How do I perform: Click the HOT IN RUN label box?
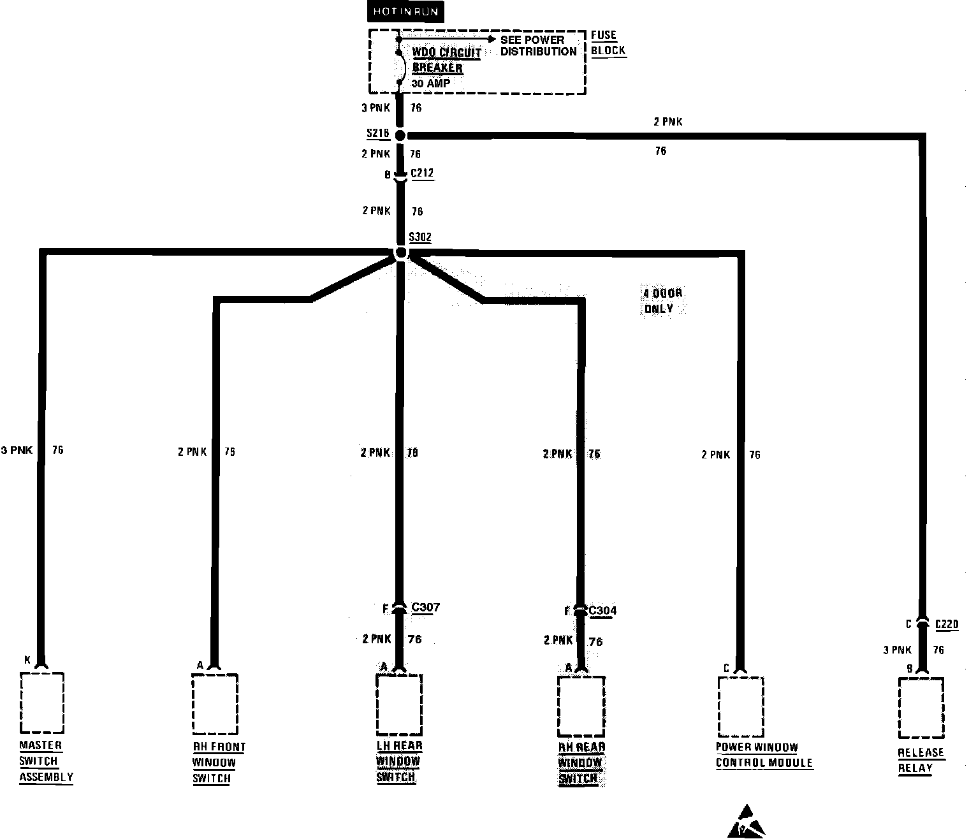(406, 12)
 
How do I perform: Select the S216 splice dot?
(400, 135)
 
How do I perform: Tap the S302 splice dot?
(400, 253)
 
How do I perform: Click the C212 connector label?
(422, 173)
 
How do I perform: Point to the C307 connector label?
(425, 608)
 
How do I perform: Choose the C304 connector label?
(602, 611)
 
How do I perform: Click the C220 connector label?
(947, 624)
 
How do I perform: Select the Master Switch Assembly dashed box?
(42, 703)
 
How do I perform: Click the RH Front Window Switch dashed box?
(215, 704)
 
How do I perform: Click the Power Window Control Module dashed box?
(740, 706)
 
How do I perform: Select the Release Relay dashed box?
(921, 707)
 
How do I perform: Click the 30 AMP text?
(430, 84)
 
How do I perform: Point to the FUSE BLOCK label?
(608, 43)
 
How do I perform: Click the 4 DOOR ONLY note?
(662, 301)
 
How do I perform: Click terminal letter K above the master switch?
(27, 660)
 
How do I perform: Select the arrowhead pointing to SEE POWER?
(491, 39)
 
